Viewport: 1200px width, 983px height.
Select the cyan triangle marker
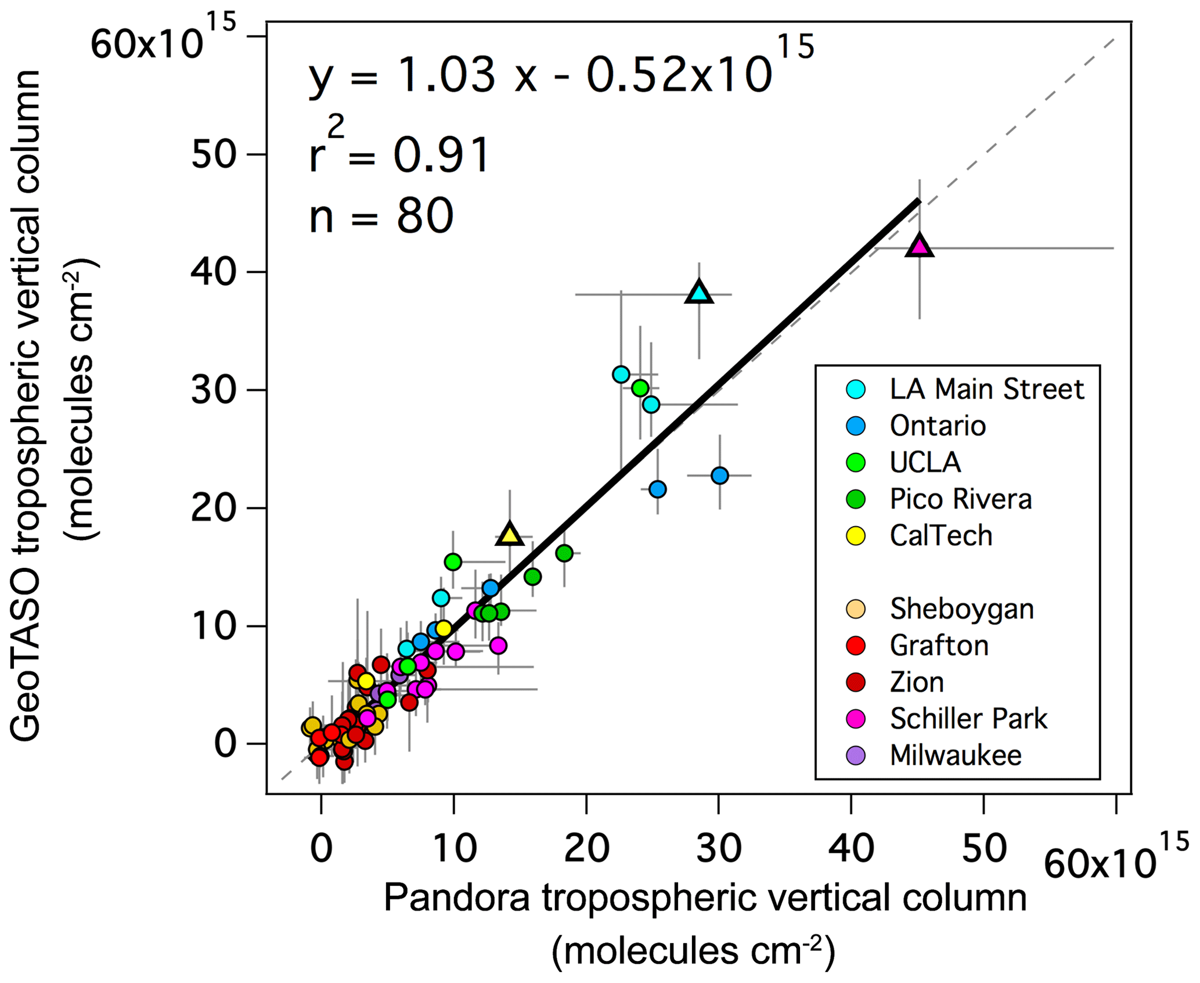tap(699, 293)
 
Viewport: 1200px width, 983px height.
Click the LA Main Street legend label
tap(986, 389)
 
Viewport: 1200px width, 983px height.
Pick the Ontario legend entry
tap(938, 426)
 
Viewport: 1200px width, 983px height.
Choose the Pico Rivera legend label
tap(961, 499)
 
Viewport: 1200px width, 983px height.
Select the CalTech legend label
tap(941, 535)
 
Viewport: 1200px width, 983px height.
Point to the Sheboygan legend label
tap(962, 608)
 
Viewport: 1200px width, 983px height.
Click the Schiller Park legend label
tap(968, 718)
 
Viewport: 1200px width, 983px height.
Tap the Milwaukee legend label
tap(956, 755)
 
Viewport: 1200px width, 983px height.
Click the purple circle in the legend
tap(856, 755)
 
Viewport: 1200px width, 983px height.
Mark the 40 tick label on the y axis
tap(214, 272)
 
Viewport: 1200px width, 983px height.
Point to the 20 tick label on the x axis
tap(586, 848)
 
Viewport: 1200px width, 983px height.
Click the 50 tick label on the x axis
tap(984, 848)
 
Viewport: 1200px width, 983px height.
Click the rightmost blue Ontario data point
tap(719, 476)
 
